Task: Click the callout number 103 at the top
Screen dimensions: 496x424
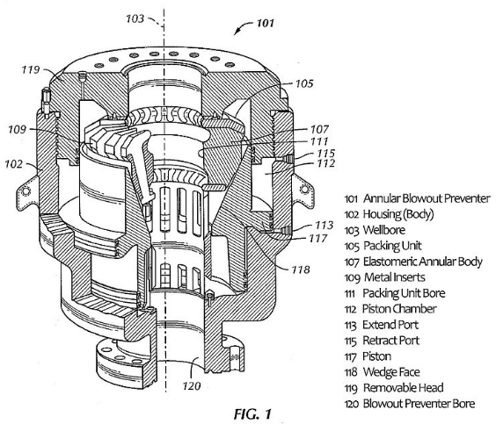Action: pyautogui.click(x=135, y=18)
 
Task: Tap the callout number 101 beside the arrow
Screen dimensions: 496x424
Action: pyautogui.click(x=265, y=23)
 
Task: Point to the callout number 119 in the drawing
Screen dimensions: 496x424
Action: pyautogui.click(x=31, y=69)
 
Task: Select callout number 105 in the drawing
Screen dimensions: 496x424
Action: pyautogui.click(x=304, y=83)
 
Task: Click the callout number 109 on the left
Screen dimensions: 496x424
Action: pyautogui.click(x=17, y=129)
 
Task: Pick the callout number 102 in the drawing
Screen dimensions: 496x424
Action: pyautogui.click(x=13, y=164)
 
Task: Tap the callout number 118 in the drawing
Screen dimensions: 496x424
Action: pyautogui.click(x=301, y=269)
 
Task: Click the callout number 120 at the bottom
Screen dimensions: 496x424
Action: pyautogui.click(x=192, y=385)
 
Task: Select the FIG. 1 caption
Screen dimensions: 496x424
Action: pyautogui.click(x=252, y=413)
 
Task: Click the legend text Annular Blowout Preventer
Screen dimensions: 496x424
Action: pyautogui.click(x=427, y=198)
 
